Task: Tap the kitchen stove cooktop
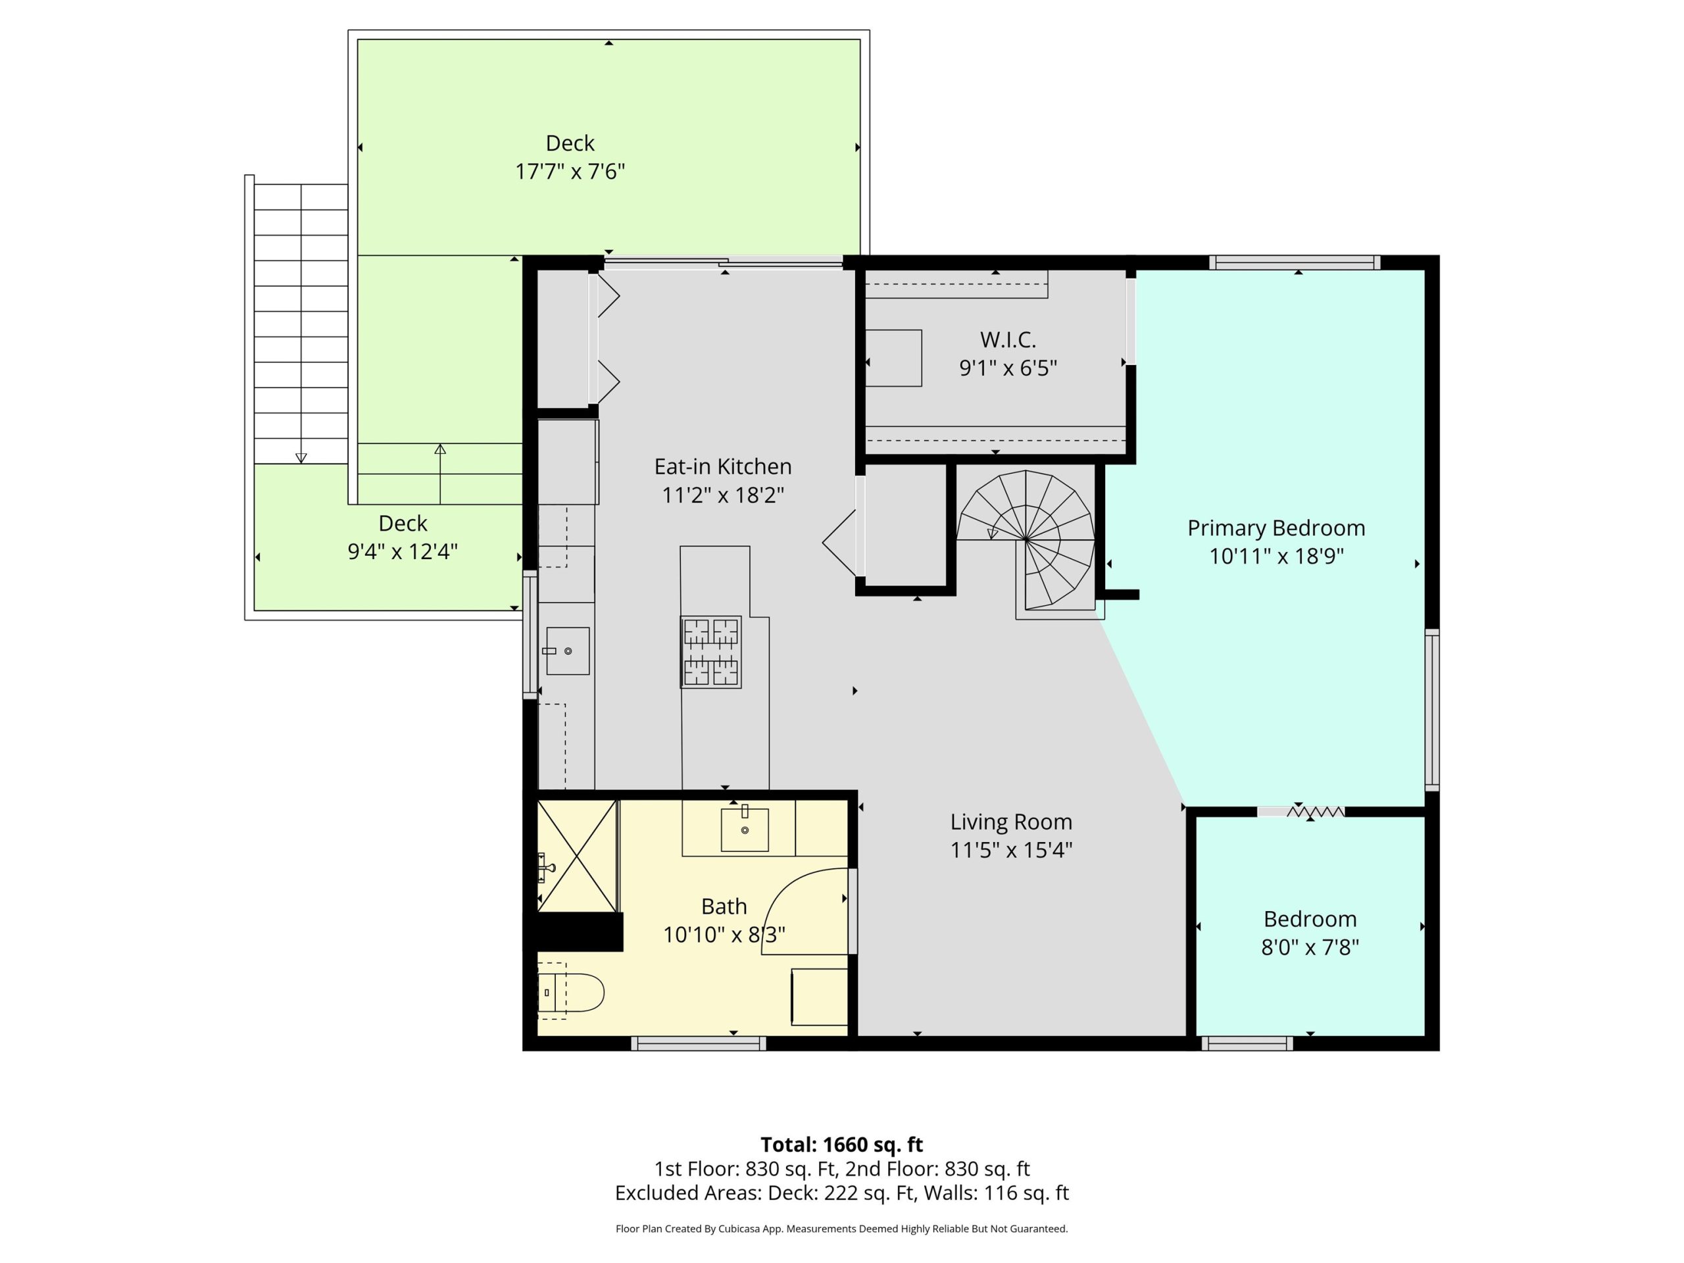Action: click(711, 653)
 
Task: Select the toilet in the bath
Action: click(571, 993)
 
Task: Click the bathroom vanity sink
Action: click(745, 829)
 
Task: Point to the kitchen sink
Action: click(567, 651)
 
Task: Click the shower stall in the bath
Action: click(577, 856)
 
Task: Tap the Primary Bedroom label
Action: click(1276, 528)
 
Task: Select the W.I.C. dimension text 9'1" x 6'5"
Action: click(1008, 368)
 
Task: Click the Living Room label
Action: click(1011, 822)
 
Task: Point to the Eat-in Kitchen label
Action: click(722, 466)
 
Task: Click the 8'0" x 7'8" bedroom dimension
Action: click(1310, 947)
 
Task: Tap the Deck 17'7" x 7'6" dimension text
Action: click(570, 171)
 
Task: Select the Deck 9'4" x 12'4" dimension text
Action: click(403, 551)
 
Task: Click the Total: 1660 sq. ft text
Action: click(842, 1144)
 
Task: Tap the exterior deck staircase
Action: click(301, 324)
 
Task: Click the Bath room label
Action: click(723, 906)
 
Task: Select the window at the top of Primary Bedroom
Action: click(1295, 262)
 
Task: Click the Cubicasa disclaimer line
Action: click(842, 1228)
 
